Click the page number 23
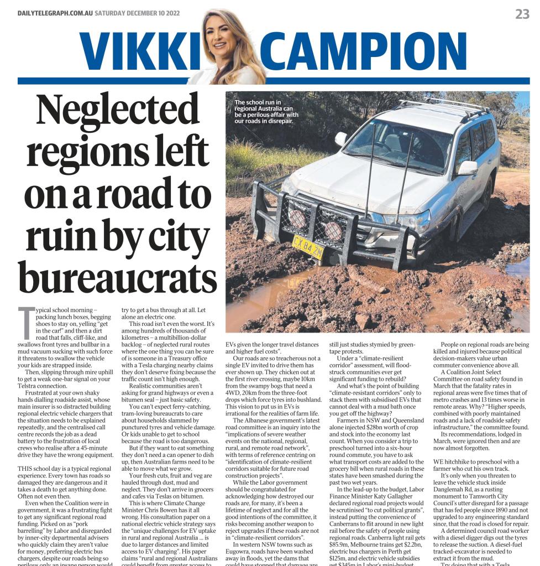point(522,14)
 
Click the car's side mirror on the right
point(468,168)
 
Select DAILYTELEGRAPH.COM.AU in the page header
point(55,13)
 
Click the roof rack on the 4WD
point(442,105)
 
